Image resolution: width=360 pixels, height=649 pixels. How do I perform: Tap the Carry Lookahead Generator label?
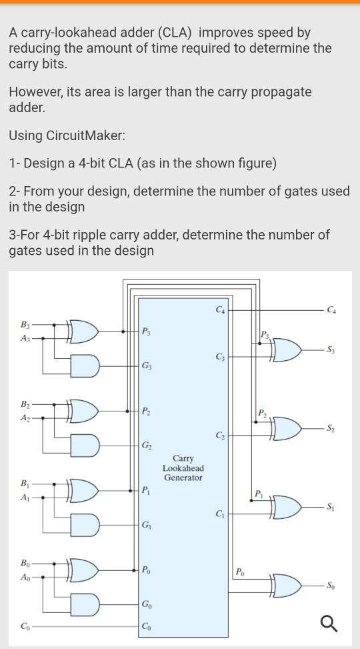(183, 468)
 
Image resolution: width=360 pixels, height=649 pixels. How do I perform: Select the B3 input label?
(25, 325)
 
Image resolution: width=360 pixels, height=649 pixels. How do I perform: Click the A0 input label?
(25, 578)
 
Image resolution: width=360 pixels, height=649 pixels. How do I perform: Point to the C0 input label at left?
(25, 626)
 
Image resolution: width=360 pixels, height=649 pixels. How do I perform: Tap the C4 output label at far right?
(331, 309)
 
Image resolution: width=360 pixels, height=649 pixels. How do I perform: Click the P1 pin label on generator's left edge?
(145, 491)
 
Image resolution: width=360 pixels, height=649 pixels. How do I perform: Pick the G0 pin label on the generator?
(146, 604)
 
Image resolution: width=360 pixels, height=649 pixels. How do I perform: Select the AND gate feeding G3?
(85, 365)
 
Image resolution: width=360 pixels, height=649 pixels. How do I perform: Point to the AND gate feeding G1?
(85, 524)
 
